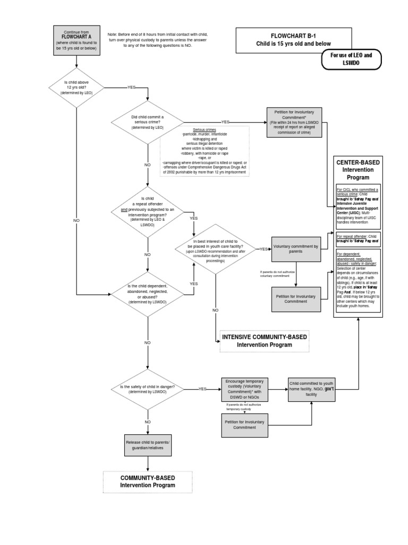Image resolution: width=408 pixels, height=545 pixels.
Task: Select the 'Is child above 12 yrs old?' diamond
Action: tap(77, 87)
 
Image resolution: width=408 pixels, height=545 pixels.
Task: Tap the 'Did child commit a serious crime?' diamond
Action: tap(147, 122)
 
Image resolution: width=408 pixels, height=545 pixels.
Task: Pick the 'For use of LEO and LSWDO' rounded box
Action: tap(351, 59)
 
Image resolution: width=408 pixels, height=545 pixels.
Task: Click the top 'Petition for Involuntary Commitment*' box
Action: tap(294, 122)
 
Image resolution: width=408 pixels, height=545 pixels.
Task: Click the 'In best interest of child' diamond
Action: tap(215, 249)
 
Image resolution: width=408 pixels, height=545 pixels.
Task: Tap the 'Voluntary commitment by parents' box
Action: tap(296, 249)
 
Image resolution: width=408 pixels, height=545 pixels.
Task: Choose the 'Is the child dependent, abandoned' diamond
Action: tap(147, 294)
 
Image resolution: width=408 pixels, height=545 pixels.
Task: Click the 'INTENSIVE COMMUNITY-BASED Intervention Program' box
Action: tap(264, 341)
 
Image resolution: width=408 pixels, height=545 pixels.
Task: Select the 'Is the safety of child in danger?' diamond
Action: tap(147, 389)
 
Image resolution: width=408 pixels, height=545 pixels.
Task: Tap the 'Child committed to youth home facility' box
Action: tap(311, 389)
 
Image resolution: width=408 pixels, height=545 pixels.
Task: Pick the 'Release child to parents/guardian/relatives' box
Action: tap(148, 445)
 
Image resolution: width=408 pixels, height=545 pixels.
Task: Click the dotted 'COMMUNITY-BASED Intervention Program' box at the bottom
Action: tap(147, 482)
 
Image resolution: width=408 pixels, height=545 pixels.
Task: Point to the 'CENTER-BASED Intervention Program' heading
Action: tap(357, 169)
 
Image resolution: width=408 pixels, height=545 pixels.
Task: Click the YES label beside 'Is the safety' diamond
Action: tap(202, 389)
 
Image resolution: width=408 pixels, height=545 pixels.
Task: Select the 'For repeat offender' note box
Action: tap(357, 238)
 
